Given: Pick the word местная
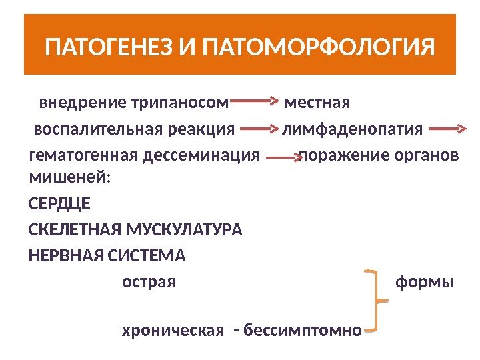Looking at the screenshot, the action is pos(317,104).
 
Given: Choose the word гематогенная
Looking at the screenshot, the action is pos(83,155).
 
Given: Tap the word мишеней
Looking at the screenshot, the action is pos(70,178).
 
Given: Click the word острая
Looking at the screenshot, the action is pos(149,282).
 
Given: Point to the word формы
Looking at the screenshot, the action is pos(425,282).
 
